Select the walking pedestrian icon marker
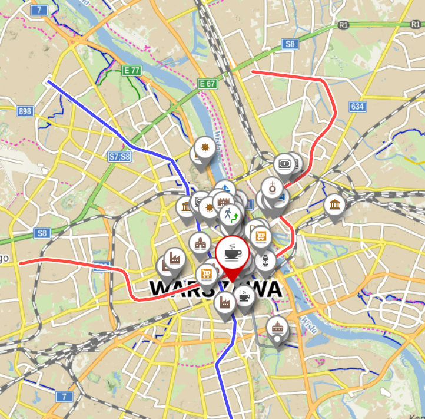click(x=229, y=215)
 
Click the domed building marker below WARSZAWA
click(x=276, y=326)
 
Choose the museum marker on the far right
click(x=334, y=205)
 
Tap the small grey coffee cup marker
click(x=244, y=297)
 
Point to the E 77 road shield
click(x=132, y=70)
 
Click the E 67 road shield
click(x=208, y=84)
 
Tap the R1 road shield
click(x=344, y=25)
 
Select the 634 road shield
click(x=357, y=106)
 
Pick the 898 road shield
click(x=25, y=111)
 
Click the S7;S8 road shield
click(x=119, y=156)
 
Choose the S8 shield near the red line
click(x=290, y=44)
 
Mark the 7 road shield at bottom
click(x=65, y=396)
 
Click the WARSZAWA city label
click(x=215, y=289)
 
